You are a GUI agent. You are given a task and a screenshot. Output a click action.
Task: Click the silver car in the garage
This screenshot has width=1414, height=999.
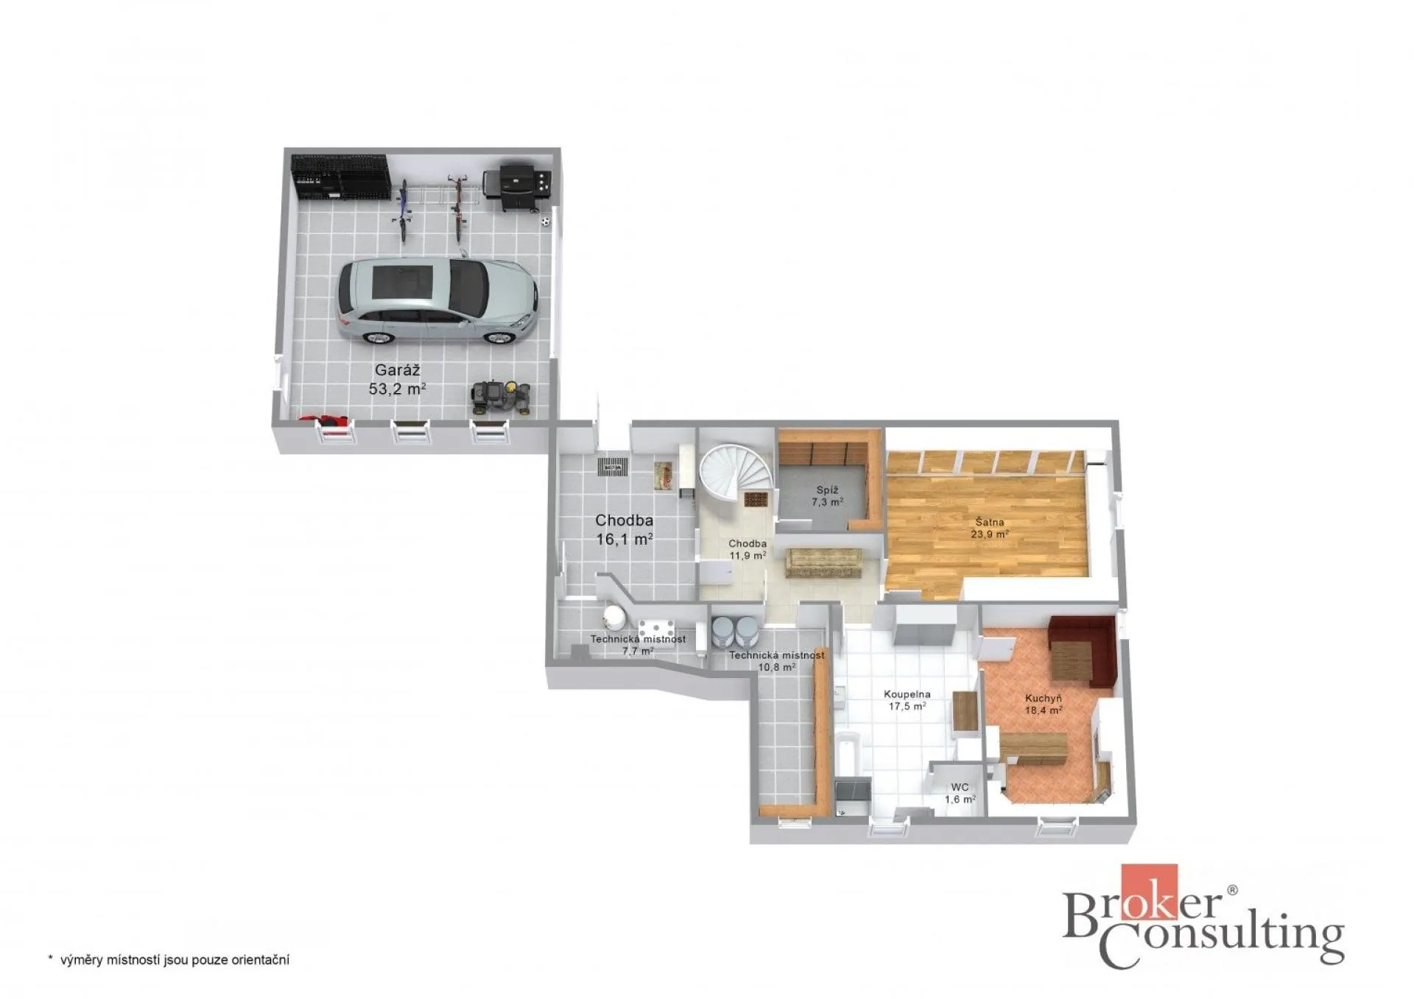437,301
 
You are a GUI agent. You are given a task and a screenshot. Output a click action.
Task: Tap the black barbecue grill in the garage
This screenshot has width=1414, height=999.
516,187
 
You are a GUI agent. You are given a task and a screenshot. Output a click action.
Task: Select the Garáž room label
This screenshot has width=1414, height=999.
397,370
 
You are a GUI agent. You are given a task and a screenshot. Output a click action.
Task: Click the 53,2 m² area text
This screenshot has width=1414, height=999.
397,389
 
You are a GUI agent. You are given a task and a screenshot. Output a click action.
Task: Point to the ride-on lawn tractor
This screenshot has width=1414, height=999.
501,398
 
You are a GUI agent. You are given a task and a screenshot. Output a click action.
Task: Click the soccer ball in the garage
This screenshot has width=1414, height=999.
545,220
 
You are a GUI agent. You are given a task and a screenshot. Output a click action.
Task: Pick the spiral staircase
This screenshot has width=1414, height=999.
735,476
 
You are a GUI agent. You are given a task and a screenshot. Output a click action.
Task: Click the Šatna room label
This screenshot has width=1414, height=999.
989,522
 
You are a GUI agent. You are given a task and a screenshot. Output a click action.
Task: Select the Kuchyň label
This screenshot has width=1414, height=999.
1043,699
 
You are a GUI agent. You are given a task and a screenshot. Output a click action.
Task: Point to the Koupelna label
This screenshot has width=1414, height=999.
907,694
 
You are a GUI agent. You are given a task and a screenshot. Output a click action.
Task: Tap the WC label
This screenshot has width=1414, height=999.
960,787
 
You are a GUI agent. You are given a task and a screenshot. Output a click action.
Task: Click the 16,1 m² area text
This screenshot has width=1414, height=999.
624,539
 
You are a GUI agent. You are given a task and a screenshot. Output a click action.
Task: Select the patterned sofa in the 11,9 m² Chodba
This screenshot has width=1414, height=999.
823,562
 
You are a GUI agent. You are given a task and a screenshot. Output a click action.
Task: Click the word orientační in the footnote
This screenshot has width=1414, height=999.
260,960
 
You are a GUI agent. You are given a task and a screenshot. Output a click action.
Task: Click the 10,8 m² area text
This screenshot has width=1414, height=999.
776,668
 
